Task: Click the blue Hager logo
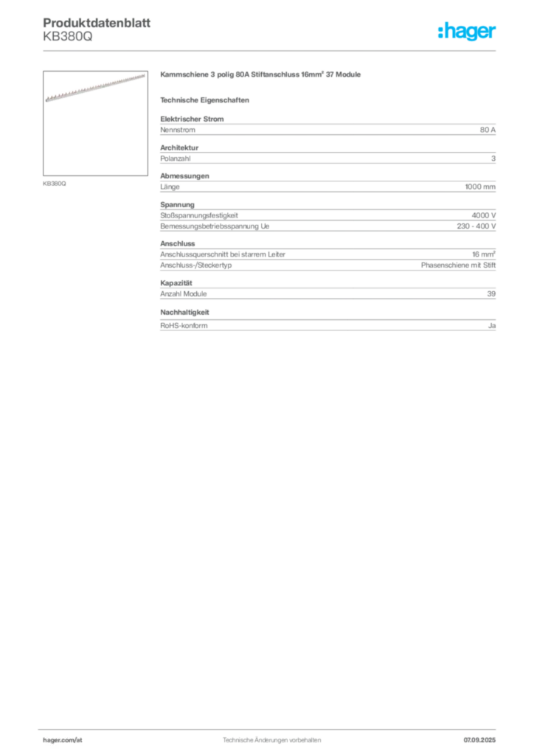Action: pos(468,32)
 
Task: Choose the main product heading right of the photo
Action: pos(262,76)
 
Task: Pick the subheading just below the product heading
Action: pos(207,100)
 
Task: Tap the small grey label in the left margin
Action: pos(56,183)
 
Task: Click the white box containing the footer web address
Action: pos(82,740)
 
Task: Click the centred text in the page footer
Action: pos(273,737)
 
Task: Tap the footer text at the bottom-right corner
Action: pos(483,737)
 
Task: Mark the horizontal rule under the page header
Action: pos(271,52)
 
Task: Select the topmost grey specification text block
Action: pos(327,129)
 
